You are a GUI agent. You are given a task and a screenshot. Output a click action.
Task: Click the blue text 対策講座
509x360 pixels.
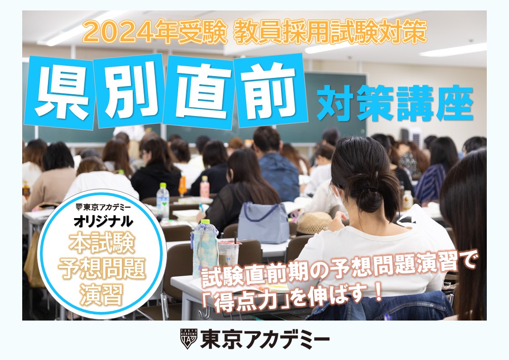395,103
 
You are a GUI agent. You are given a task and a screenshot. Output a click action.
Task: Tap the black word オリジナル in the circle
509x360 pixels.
103,221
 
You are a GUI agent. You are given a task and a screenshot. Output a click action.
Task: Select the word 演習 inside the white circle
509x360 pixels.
102,294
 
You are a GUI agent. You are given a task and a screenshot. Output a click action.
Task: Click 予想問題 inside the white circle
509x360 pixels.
102,269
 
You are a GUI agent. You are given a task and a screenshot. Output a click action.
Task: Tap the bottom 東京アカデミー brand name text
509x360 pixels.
265,339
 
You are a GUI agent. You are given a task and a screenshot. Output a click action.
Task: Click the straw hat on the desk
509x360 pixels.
314,223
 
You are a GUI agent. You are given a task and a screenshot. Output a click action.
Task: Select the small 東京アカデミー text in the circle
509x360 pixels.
103,207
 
